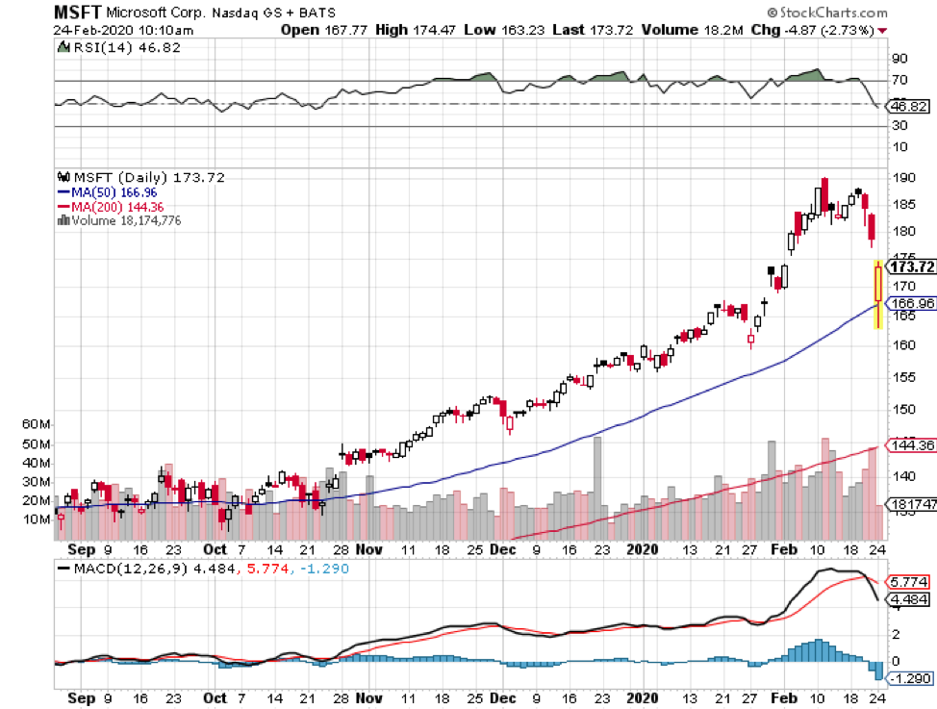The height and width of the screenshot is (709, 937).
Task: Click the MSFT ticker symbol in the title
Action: (x=76, y=12)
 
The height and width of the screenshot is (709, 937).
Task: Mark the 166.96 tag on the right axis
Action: (x=910, y=303)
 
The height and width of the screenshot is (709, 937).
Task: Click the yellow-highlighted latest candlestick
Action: (x=877, y=293)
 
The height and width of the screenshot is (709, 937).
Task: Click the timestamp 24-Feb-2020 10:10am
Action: (x=115, y=30)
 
